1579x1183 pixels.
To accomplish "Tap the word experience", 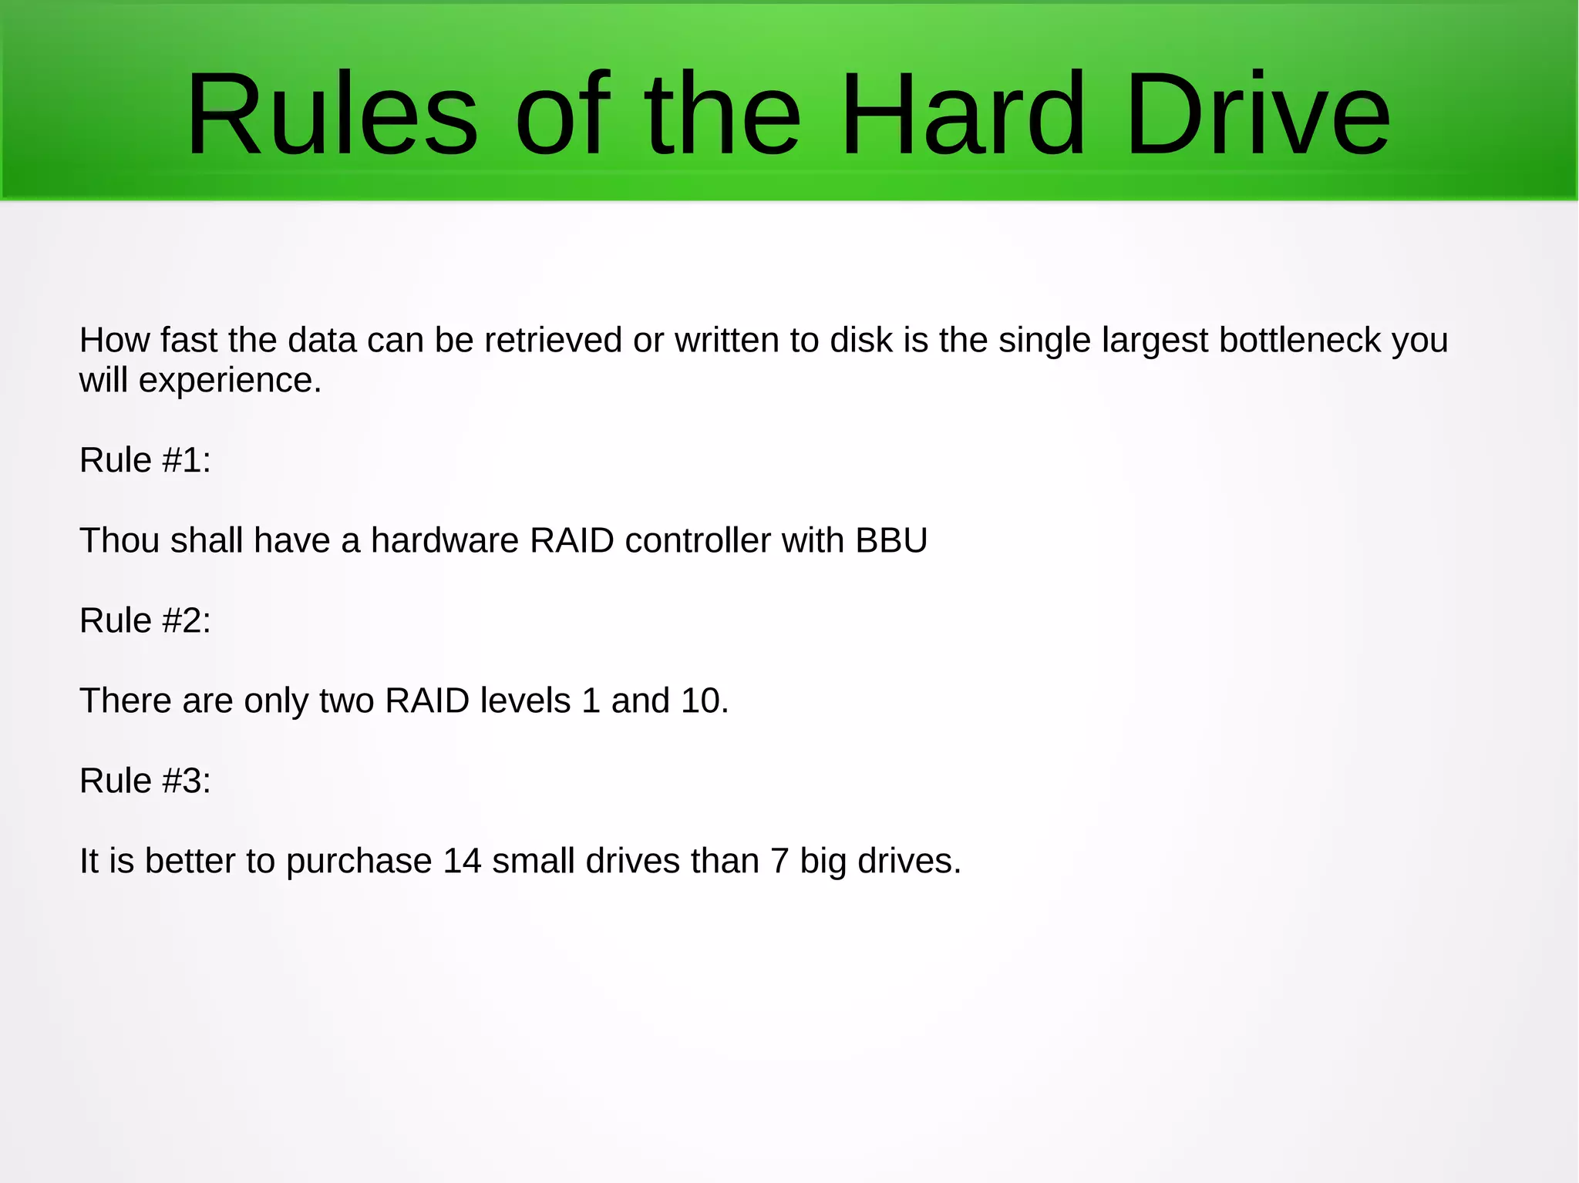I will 230,380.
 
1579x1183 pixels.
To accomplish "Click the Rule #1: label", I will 145,460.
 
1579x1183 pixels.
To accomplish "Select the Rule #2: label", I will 145,620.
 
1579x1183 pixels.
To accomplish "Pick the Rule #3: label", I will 145,781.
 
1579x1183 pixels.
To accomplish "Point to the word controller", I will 698,540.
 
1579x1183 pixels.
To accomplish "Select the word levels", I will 525,701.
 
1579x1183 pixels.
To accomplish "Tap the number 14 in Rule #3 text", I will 462,861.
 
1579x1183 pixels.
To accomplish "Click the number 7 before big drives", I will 779,861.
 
